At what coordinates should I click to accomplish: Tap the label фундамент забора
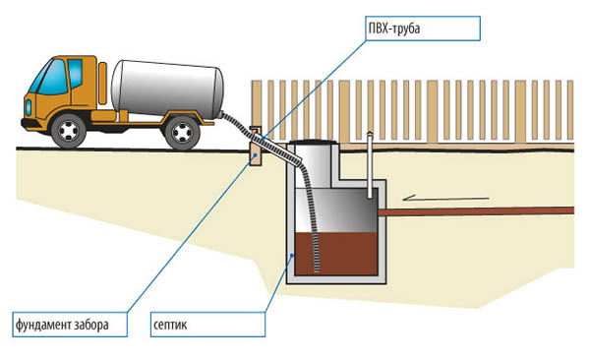(69, 323)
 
